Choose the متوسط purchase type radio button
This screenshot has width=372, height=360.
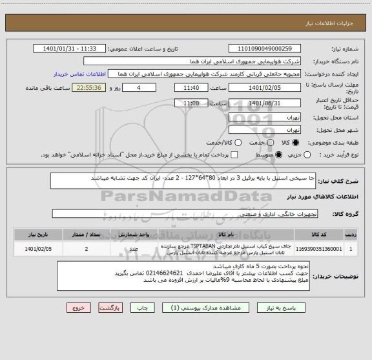tap(279, 154)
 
